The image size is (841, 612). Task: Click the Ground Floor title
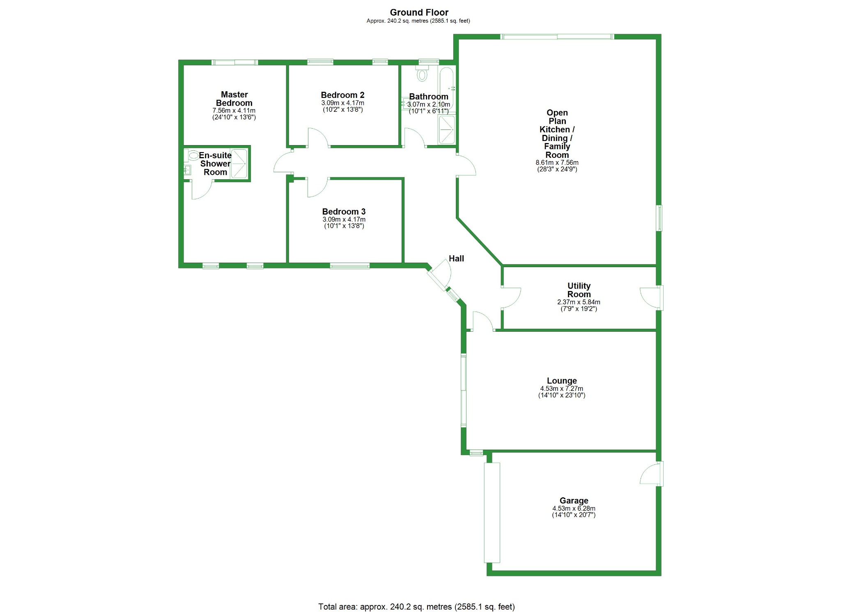[419, 12]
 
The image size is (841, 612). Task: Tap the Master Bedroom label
[234, 99]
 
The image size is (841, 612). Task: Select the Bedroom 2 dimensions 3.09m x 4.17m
[342, 103]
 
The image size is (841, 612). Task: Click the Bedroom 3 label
[344, 212]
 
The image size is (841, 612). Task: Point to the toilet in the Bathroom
[422, 74]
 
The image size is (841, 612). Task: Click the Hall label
[456, 259]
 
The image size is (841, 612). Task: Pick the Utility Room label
[579, 290]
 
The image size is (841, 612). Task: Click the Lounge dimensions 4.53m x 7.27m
[561, 388]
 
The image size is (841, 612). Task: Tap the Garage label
[574, 501]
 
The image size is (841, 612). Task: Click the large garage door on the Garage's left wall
[492, 512]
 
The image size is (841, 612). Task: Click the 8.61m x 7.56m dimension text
[557, 162]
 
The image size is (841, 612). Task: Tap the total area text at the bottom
[416, 607]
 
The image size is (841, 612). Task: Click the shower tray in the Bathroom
[447, 130]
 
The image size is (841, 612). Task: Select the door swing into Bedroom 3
[317, 187]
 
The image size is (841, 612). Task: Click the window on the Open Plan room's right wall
[659, 218]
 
